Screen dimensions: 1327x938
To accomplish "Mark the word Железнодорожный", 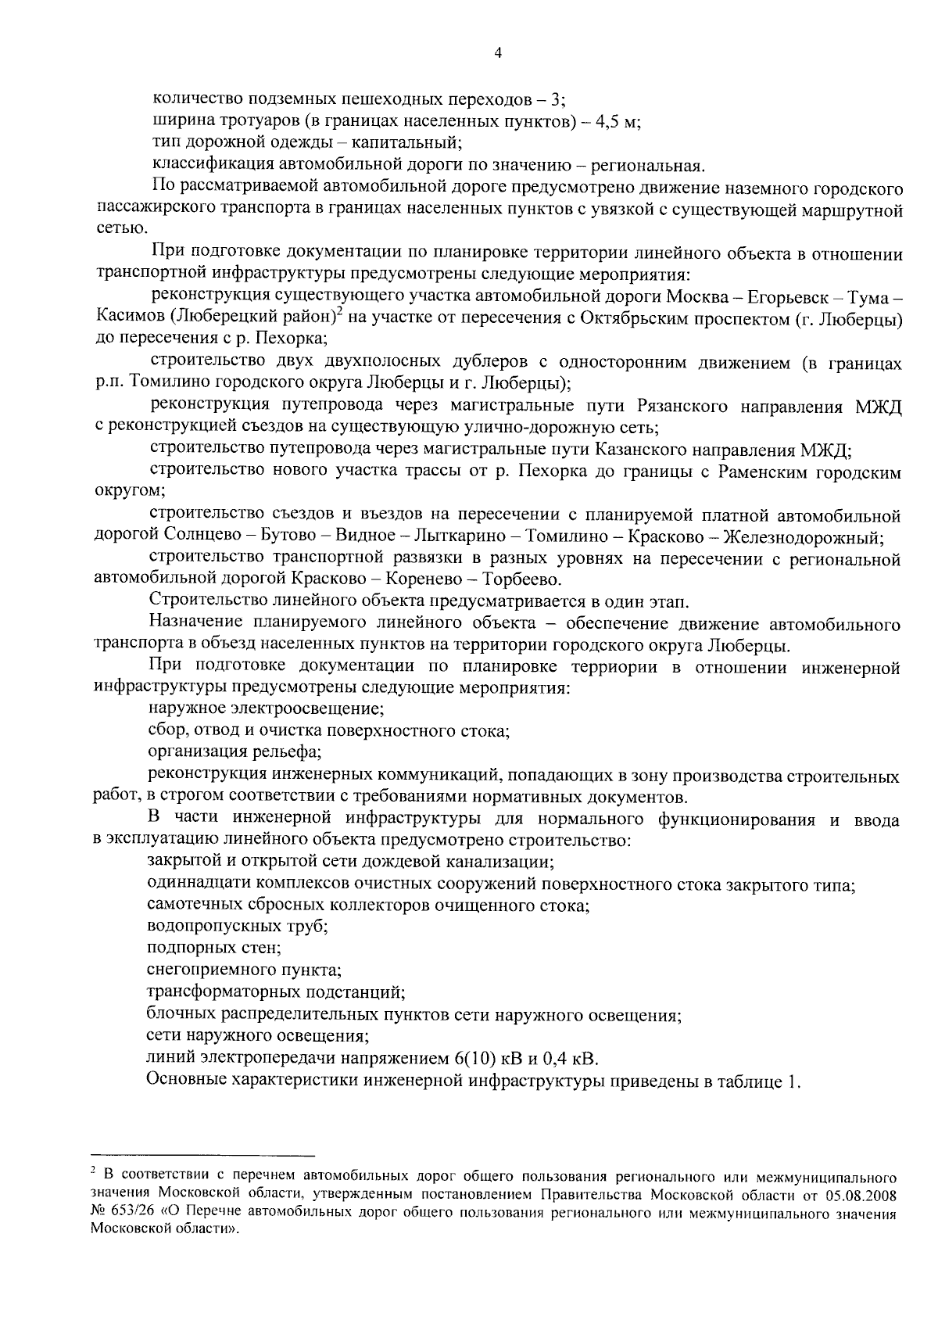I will click(804, 537).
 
